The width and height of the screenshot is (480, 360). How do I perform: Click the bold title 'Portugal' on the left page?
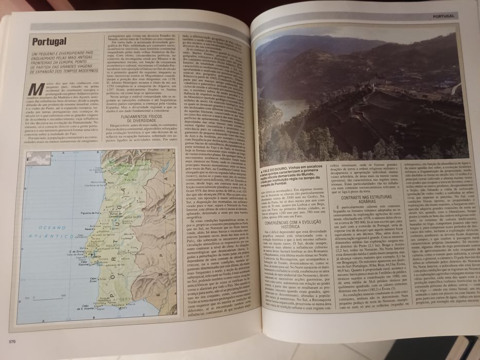coord(49,41)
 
